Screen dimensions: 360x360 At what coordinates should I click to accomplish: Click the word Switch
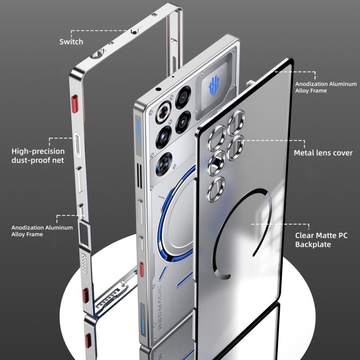[71, 42]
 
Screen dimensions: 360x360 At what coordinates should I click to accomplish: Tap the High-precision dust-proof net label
[38, 156]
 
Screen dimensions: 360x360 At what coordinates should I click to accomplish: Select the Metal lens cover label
[323, 153]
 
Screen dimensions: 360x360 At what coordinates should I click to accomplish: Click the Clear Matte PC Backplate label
[321, 240]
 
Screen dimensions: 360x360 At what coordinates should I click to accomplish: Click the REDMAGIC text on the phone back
[160, 306]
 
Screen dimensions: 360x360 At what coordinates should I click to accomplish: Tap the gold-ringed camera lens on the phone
[163, 112]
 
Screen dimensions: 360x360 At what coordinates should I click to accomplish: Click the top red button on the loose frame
[75, 104]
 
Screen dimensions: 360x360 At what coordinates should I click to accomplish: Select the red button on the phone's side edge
[141, 269]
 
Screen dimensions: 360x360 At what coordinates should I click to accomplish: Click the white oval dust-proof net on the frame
[77, 145]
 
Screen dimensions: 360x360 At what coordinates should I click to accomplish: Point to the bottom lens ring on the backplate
[216, 189]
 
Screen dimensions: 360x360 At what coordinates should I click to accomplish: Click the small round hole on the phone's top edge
[158, 89]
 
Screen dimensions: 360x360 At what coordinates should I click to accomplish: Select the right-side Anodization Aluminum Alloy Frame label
[326, 87]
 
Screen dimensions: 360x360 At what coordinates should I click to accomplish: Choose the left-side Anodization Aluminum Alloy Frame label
[42, 231]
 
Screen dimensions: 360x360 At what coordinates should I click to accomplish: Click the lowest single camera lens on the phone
[164, 164]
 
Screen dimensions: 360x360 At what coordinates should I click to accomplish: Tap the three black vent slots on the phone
[139, 175]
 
